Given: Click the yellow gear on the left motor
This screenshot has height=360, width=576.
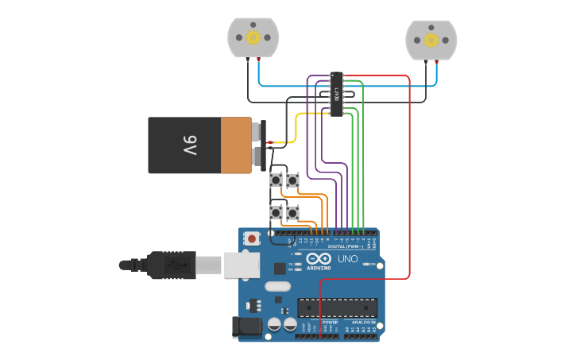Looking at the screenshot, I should point(253,37).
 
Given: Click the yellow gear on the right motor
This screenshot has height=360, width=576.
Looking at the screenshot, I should point(431,40).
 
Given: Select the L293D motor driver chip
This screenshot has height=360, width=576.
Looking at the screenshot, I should point(337,94).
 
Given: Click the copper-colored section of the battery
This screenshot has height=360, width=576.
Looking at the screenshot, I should point(235,145).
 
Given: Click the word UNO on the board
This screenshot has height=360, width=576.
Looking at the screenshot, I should point(347,259).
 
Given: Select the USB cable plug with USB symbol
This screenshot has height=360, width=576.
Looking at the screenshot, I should point(170,265).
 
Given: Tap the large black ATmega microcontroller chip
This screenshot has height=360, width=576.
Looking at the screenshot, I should point(337,307).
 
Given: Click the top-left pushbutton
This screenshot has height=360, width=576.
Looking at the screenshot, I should point(275,180).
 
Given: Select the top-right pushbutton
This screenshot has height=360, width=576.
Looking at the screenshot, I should point(292,180).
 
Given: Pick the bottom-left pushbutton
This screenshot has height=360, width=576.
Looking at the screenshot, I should point(275,212).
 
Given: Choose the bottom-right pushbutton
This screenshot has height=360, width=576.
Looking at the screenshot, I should point(292,212).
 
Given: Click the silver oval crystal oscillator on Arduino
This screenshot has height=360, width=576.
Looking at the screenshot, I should point(277,286).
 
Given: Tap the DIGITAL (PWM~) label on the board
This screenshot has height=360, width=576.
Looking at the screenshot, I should point(346,246).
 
